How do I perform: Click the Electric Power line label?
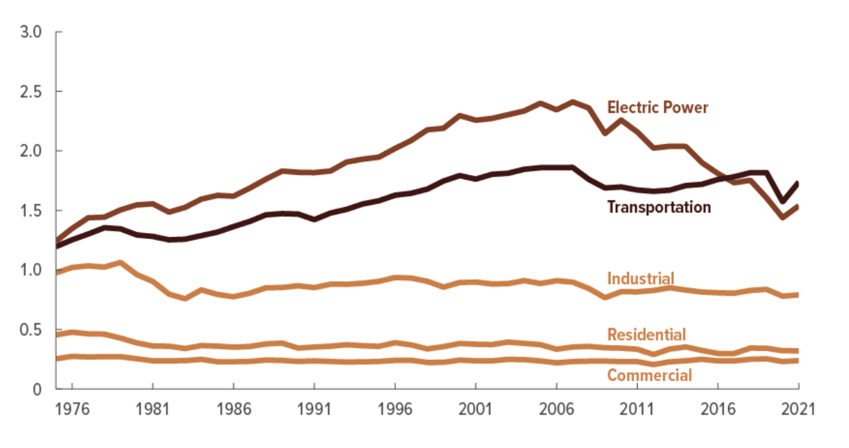pyautogui.click(x=658, y=107)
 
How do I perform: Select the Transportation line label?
pyautogui.click(x=659, y=207)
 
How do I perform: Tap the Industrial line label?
pyautogui.click(x=641, y=278)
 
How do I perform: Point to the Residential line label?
pyautogui.click(x=646, y=334)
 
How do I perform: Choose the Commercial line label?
pyautogui.click(x=649, y=375)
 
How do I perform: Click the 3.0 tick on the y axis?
pyautogui.click(x=33, y=32)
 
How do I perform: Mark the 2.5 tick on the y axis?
pyautogui.click(x=33, y=92)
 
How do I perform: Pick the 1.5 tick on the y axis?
pyautogui.click(x=33, y=211)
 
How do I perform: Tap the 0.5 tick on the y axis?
pyautogui.click(x=33, y=331)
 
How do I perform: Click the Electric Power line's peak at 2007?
pyautogui.click(x=572, y=102)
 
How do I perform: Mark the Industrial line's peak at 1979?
pyautogui.click(x=120, y=263)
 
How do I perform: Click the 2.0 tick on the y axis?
pyautogui.click(x=33, y=151)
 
